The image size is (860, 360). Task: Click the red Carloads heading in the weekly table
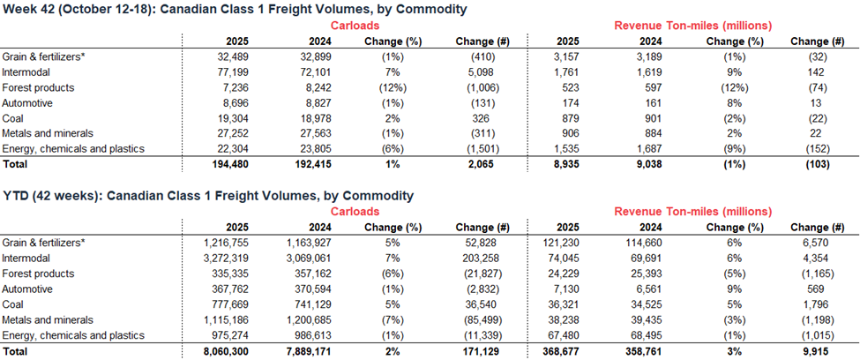click(355, 26)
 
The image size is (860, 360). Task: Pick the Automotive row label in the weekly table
click(29, 103)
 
